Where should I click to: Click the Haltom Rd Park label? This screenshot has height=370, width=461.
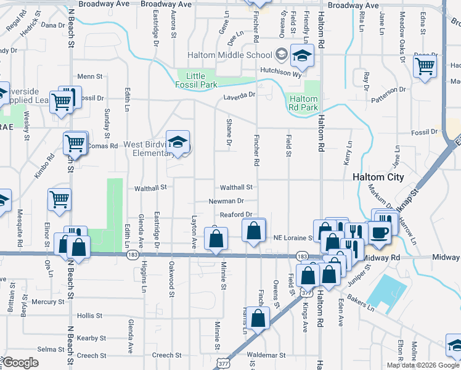(x=303, y=103)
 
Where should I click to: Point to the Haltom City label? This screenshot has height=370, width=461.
(x=378, y=177)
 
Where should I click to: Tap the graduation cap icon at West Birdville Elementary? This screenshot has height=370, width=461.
(x=177, y=143)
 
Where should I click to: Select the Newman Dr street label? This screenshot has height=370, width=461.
(x=226, y=201)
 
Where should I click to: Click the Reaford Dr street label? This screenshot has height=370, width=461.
(x=237, y=215)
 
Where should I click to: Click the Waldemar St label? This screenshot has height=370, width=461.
(x=266, y=355)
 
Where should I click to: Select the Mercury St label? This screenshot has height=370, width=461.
(x=44, y=302)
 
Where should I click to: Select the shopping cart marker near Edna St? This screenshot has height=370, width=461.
(x=424, y=66)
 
